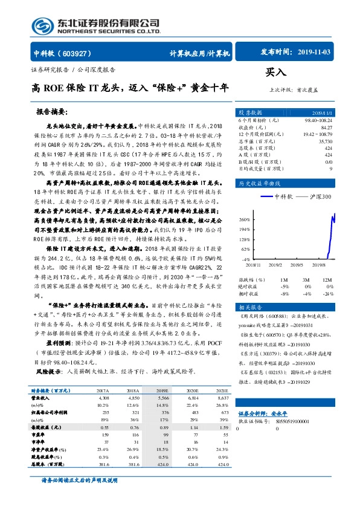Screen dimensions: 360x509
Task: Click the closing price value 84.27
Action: [x=326, y=128]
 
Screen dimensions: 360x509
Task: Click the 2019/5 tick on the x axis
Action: [x=297, y=264]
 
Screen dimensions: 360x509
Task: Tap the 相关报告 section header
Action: [x=251, y=291]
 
